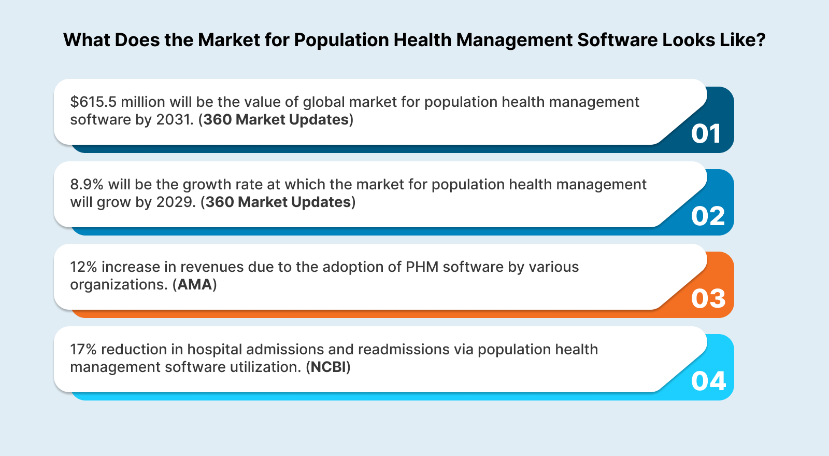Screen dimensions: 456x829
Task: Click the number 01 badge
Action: click(706, 134)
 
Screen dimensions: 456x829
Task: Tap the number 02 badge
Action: click(708, 216)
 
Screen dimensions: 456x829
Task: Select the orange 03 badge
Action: click(708, 299)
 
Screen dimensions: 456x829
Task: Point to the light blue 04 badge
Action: click(708, 381)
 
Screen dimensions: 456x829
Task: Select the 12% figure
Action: click(83, 267)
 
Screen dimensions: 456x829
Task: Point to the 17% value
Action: click(83, 349)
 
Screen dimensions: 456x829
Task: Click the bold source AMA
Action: click(195, 284)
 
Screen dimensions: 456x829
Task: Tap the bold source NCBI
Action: click(328, 367)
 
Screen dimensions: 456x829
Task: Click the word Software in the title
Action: click(617, 40)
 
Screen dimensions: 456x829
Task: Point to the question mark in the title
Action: click(761, 40)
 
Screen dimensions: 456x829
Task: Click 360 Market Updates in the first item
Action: click(276, 119)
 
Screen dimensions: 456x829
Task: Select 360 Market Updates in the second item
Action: click(278, 202)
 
